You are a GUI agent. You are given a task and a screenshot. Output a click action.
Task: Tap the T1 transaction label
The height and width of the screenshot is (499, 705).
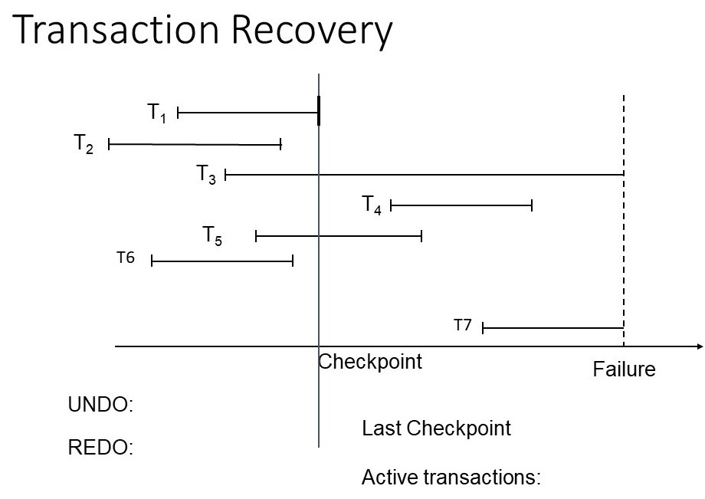coord(157,113)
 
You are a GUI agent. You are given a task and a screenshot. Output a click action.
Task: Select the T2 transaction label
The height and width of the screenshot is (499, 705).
coord(84,144)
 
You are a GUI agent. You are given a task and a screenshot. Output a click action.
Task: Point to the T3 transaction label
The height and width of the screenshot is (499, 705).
coord(206,175)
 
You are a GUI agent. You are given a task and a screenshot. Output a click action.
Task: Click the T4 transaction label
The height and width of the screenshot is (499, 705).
coord(372,205)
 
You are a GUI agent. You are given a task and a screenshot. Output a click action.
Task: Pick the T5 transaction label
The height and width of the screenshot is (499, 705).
coord(212,235)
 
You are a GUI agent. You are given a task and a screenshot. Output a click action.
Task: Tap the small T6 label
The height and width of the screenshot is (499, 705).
coord(126,258)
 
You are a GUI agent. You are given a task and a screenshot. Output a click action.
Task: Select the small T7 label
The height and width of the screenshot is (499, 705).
coord(463,325)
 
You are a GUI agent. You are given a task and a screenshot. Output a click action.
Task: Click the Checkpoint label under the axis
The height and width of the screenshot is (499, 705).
coord(370,362)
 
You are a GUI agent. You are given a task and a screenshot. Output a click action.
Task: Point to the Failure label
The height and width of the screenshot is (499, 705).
coord(624,369)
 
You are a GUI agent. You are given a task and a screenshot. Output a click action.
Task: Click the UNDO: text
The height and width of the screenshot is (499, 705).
coord(101,405)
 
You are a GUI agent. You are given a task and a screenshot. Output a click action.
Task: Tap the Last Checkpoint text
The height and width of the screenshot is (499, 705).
coord(436,428)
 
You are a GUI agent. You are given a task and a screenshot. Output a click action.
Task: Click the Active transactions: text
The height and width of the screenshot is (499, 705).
coord(451,478)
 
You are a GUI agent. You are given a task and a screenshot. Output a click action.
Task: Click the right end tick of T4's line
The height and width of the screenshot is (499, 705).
coord(532,205)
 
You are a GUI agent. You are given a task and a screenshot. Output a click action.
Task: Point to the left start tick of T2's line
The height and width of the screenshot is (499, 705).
coord(110,143)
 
